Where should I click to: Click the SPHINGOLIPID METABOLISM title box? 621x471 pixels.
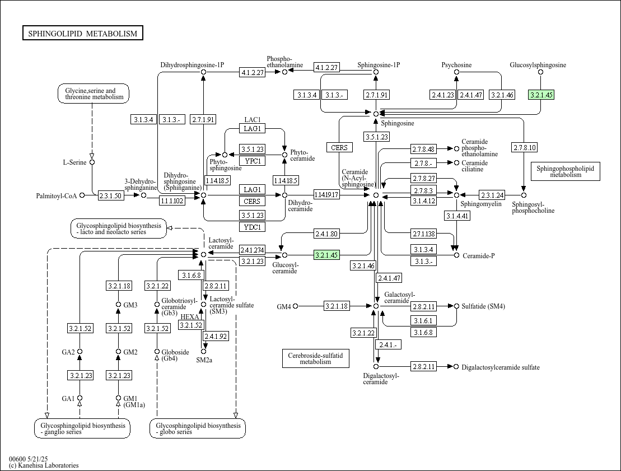click(x=83, y=33)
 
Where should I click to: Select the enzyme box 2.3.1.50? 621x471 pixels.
click(x=110, y=195)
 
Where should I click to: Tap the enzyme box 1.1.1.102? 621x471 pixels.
click(x=172, y=200)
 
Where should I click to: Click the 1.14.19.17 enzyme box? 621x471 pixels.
click(x=326, y=194)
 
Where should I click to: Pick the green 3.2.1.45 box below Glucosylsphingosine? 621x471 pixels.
click(x=541, y=95)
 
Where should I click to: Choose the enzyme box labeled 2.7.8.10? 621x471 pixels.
click(x=525, y=147)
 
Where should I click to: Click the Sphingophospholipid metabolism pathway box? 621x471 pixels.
click(x=565, y=171)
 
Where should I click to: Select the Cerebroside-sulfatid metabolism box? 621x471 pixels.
click(x=316, y=358)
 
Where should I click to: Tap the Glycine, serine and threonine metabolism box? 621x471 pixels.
click(x=94, y=94)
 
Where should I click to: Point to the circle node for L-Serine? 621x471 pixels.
click(x=92, y=162)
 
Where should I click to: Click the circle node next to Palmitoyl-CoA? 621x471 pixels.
click(x=82, y=195)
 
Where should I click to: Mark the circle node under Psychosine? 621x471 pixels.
click(x=456, y=72)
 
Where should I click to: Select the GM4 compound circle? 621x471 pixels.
click(x=296, y=306)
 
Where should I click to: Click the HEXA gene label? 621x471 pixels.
click(x=190, y=317)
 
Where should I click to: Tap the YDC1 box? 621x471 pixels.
click(x=253, y=227)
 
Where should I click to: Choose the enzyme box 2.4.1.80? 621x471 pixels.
click(x=326, y=234)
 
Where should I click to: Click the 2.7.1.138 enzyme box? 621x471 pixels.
click(x=424, y=234)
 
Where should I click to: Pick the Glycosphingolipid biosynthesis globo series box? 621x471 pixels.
click(x=198, y=428)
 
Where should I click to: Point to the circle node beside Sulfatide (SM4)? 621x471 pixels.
click(x=456, y=306)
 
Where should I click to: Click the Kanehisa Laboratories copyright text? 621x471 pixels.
click(x=44, y=465)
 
